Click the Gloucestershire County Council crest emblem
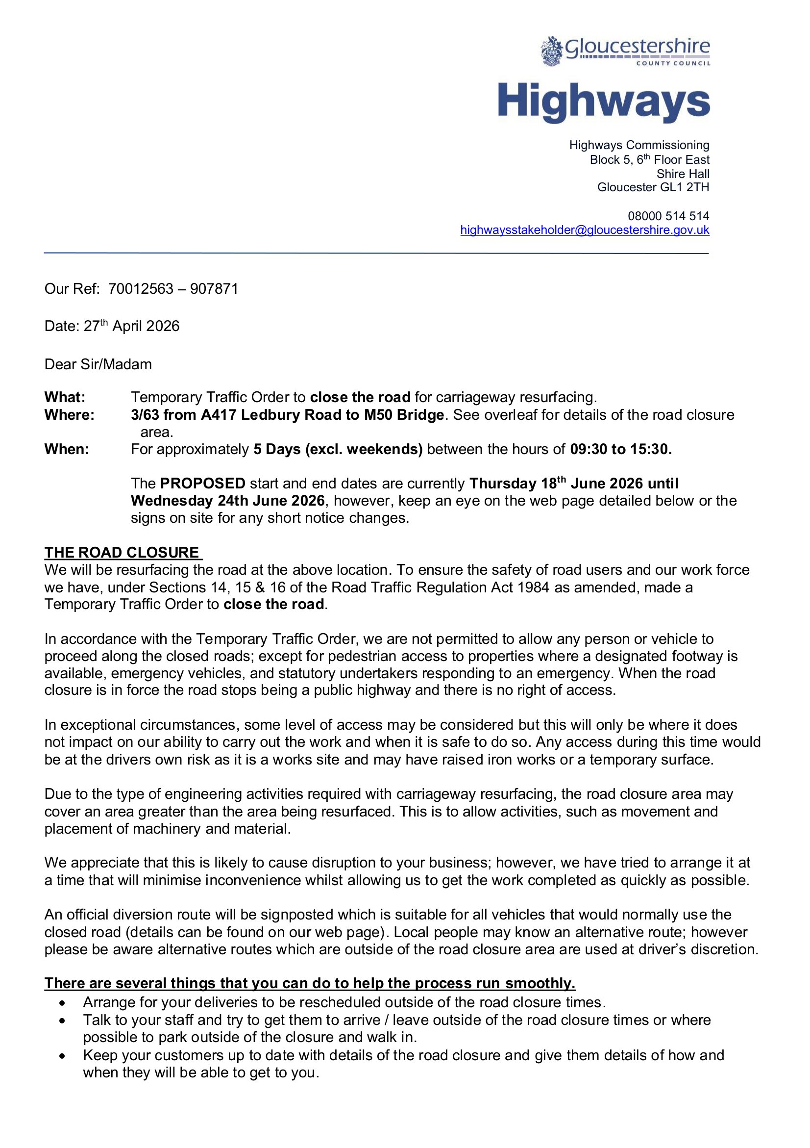pyautogui.click(x=551, y=51)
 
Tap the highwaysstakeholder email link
pyautogui.click(x=584, y=230)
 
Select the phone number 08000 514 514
pyautogui.click(x=668, y=216)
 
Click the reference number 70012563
pyautogui.click(x=141, y=289)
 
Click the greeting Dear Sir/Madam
pyautogui.click(x=98, y=364)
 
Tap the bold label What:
pyautogui.click(x=65, y=398)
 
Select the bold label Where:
pyautogui.click(x=69, y=415)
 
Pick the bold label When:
pyautogui.click(x=67, y=450)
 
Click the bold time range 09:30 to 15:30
pyautogui.click(x=621, y=450)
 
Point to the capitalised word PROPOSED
pyautogui.click(x=203, y=484)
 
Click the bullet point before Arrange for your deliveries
pyautogui.click(x=62, y=1003)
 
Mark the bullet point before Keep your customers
pyautogui.click(x=62, y=1055)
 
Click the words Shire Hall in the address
pyautogui.click(x=683, y=174)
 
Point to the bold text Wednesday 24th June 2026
pyautogui.click(x=227, y=501)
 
